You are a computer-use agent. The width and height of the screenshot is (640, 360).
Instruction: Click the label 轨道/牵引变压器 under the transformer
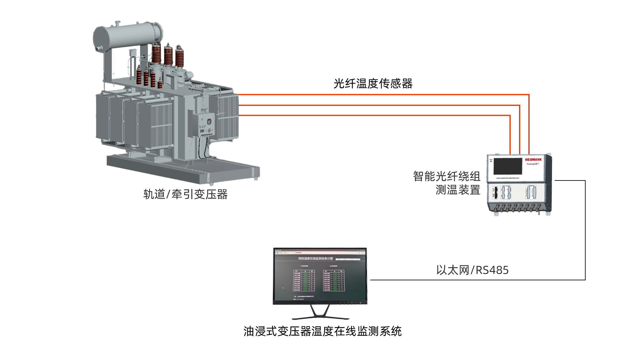[x=186, y=194]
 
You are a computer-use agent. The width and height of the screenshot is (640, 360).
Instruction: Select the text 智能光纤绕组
[x=446, y=176]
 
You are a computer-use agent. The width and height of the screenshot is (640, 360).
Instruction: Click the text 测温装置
[x=458, y=190]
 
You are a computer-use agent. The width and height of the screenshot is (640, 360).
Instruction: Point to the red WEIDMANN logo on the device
[x=533, y=159]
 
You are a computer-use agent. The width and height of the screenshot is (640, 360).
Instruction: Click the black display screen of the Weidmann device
[x=508, y=166]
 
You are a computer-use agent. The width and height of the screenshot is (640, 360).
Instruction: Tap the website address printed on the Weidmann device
[x=508, y=178]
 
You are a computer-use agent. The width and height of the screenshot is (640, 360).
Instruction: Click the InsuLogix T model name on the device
[x=533, y=164]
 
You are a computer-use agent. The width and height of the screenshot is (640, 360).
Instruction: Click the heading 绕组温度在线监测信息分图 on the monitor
[x=316, y=258]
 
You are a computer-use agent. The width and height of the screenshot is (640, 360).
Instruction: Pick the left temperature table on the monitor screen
[x=304, y=280]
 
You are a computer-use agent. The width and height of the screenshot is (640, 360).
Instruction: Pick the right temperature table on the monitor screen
[x=334, y=280]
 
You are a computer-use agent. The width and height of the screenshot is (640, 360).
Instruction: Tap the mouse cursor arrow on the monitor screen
[x=283, y=288]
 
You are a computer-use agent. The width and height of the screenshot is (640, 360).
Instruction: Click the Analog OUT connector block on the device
[x=531, y=192]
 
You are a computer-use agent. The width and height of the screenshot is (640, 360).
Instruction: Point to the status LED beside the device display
[x=491, y=161]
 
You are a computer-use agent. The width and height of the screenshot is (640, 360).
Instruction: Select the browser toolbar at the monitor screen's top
[x=320, y=252]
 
